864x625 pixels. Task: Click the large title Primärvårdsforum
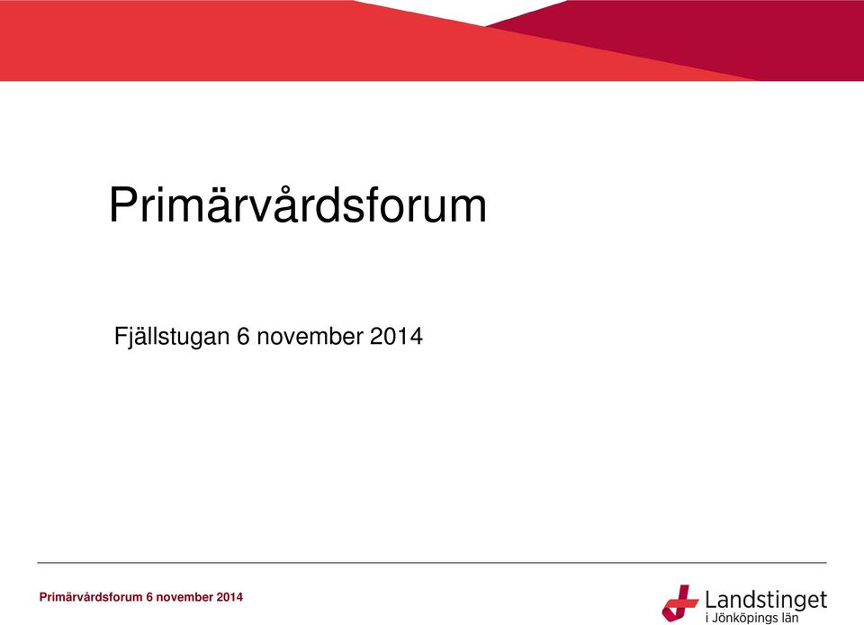(x=298, y=204)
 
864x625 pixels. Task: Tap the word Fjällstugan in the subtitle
(x=171, y=337)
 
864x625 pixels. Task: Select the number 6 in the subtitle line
(x=243, y=336)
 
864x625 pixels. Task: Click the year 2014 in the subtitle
(x=396, y=336)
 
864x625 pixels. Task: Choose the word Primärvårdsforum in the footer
(x=91, y=597)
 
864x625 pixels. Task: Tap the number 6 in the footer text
(x=149, y=597)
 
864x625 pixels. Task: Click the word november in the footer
(x=184, y=597)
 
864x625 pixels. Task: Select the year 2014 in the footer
(x=229, y=597)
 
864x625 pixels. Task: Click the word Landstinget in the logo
(x=766, y=599)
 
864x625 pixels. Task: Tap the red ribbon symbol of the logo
(x=680, y=602)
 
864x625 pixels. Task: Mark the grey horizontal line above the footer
(x=432, y=563)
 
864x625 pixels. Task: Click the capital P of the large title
(x=124, y=205)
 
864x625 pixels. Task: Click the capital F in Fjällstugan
(x=121, y=336)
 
